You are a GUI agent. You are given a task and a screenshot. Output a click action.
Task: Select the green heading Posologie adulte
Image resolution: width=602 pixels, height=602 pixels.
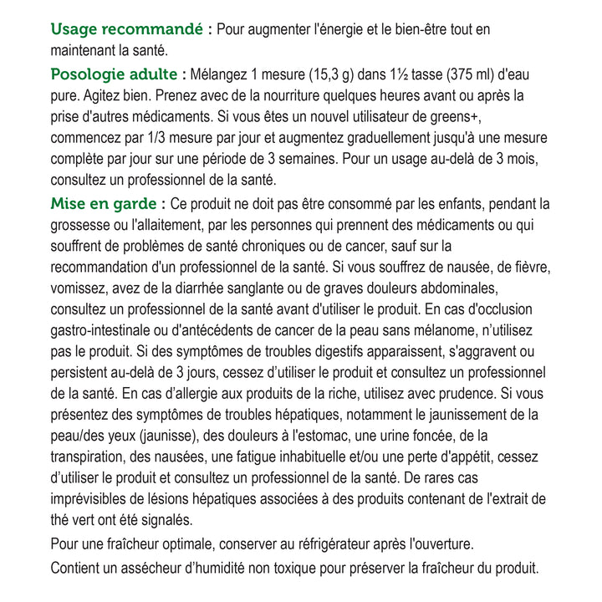114,74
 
